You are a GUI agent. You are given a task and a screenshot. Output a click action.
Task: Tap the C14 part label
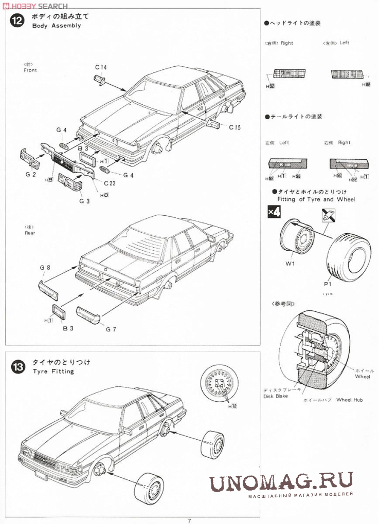point(101,67)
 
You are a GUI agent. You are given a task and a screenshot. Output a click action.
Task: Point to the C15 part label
point(234,127)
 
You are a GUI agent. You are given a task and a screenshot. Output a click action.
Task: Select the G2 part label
point(30,175)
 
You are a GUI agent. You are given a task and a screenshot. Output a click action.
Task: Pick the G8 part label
point(45,268)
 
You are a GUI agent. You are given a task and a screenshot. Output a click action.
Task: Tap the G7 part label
point(111,329)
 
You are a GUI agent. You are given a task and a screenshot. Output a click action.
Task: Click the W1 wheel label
point(290,264)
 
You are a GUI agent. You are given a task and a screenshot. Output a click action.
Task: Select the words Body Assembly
point(56,26)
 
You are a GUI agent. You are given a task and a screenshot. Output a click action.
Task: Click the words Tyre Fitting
point(53,371)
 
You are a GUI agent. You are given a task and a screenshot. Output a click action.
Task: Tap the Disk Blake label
point(276,396)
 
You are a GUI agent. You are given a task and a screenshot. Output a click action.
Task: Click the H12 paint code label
point(232,406)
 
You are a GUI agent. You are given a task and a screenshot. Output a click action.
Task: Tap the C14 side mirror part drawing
point(100,80)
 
